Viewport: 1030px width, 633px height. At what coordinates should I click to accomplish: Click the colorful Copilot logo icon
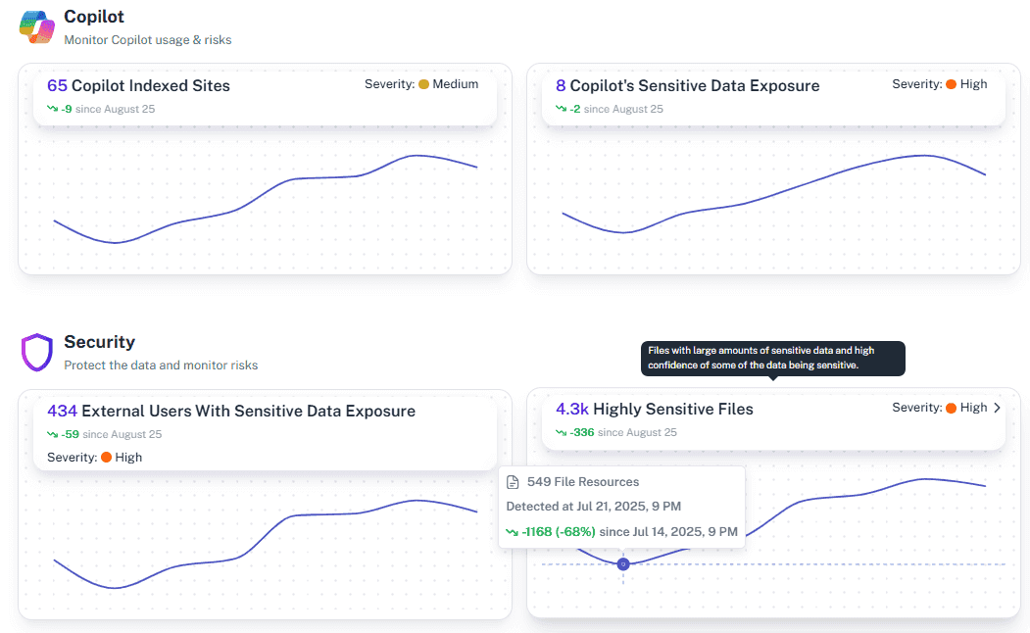(37, 26)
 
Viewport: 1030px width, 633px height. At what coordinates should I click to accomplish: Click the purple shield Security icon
(36, 352)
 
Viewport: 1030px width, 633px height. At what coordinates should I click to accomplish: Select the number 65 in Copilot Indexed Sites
(57, 86)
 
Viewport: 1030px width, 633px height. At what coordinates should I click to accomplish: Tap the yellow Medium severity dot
(424, 84)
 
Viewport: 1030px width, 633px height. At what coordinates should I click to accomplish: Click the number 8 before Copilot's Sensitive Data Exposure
(561, 86)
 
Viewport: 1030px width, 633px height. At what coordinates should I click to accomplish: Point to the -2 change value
(576, 109)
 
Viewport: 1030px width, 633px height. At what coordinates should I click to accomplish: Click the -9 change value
(67, 109)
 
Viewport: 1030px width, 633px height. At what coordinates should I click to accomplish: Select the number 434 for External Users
(62, 412)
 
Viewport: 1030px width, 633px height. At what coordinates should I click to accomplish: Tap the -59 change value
(70, 434)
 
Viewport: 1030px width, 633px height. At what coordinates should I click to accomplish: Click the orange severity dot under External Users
(106, 458)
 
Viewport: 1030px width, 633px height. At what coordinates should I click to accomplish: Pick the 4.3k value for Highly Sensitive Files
(572, 410)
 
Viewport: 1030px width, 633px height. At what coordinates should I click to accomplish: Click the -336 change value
(582, 432)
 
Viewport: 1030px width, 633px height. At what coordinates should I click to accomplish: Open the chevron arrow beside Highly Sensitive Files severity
(998, 408)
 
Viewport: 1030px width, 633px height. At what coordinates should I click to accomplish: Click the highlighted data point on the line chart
(622, 563)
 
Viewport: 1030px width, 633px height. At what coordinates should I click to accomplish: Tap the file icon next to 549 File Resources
(513, 482)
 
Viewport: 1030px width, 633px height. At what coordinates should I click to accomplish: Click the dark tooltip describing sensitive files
(773, 358)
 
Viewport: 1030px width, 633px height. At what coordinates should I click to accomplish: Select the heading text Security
(99, 342)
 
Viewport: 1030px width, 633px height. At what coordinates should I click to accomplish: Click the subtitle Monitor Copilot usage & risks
(147, 40)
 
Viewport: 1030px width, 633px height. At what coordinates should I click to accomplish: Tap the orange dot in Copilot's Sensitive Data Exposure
(951, 84)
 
